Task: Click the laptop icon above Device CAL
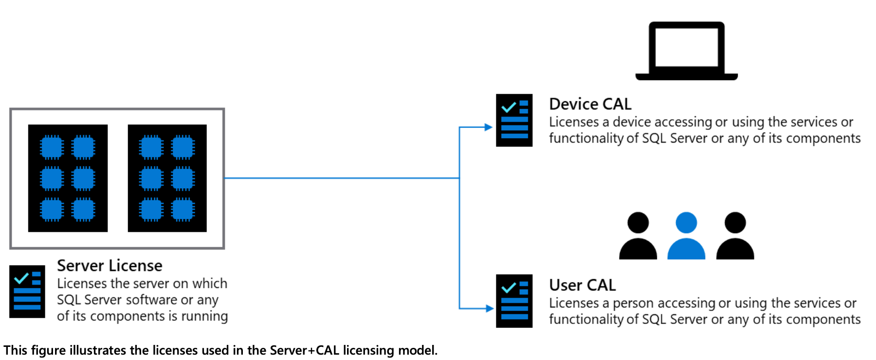point(686,51)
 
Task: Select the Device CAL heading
point(590,104)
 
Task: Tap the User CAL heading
point(582,285)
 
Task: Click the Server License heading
point(109,266)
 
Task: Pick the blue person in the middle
point(686,236)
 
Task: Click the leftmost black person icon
point(638,236)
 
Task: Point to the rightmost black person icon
point(735,236)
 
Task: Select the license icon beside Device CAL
point(514,120)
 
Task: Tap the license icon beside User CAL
point(514,301)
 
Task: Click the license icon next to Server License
point(27,291)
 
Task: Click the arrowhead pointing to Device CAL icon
point(489,127)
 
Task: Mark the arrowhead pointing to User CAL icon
point(489,308)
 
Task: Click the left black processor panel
point(68,178)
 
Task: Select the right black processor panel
point(167,178)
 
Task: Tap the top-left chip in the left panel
point(52,147)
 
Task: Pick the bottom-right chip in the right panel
point(182,210)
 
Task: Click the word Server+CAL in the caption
point(304,350)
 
